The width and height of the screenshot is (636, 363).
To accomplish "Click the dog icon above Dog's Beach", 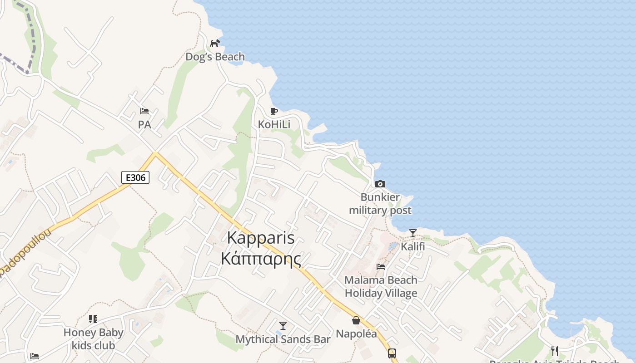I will (x=215, y=43).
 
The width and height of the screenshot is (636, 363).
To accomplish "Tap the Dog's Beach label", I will (x=215, y=57).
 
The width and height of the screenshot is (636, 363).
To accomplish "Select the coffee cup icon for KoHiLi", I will (x=273, y=111).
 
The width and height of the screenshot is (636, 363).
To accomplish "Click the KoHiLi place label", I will (x=274, y=124).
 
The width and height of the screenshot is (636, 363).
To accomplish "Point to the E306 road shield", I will (x=135, y=177).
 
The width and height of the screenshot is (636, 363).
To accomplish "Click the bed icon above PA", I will (x=144, y=111).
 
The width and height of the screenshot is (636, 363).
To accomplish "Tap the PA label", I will (x=144, y=124).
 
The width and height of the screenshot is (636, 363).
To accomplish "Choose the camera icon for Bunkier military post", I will (x=380, y=184).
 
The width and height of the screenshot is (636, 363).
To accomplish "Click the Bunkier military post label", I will (x=380, y=204).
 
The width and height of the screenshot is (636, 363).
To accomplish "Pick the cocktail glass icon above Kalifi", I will (x=412, y=233).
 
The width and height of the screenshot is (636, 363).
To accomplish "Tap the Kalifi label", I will (x=412, y=246).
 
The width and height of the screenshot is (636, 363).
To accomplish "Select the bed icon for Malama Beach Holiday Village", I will (x=381, y=267).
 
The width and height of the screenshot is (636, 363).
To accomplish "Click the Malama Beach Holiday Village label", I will (x=381, y=286).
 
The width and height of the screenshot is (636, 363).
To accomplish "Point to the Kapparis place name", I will (x=261, y=238).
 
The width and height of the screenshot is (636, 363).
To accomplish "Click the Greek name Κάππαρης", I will (x=261, y=258).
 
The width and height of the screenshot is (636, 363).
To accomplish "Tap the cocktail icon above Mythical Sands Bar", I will (x=283, y=325).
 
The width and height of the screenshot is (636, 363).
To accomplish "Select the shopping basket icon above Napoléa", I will (x=356, y=321).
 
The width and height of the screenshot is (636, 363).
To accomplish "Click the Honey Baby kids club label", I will (x=93, y=339).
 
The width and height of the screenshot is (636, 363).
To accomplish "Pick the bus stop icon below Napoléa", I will (x=392, y=353).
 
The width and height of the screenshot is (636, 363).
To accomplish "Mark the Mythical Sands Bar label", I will (x=283, y=339).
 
